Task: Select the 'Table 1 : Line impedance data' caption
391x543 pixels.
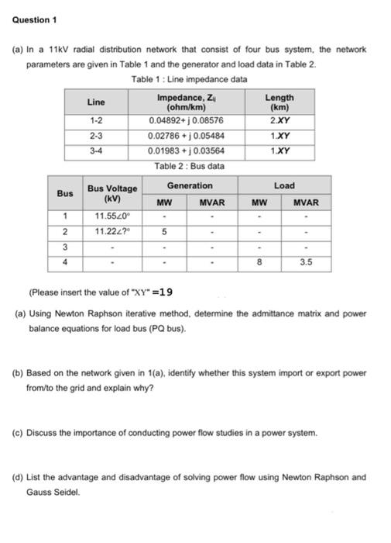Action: pos(189,79)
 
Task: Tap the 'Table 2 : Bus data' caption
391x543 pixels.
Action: pos(189,166)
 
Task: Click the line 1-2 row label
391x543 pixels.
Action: pos(96,121)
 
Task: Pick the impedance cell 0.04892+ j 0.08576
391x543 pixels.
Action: pos(186,121)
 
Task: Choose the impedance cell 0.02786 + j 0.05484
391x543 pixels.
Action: pos(186,136)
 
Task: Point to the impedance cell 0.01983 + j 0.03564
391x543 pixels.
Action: pos(186,150)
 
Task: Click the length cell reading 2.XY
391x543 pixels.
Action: pos(280,121)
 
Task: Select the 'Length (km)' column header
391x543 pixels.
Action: pos(280,102)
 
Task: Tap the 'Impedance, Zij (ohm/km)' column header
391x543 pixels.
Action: pos(186,102)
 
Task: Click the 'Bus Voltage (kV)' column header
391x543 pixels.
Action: pos(112,193)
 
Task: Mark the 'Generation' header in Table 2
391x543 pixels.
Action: pos(190,186)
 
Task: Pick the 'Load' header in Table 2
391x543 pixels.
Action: pos(284,186)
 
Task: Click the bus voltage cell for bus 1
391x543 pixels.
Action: pos(112,216)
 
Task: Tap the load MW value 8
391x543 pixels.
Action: pos(259,262)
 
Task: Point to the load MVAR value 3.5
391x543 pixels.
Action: pos(307,262)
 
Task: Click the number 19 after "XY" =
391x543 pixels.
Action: pos(166,292)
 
